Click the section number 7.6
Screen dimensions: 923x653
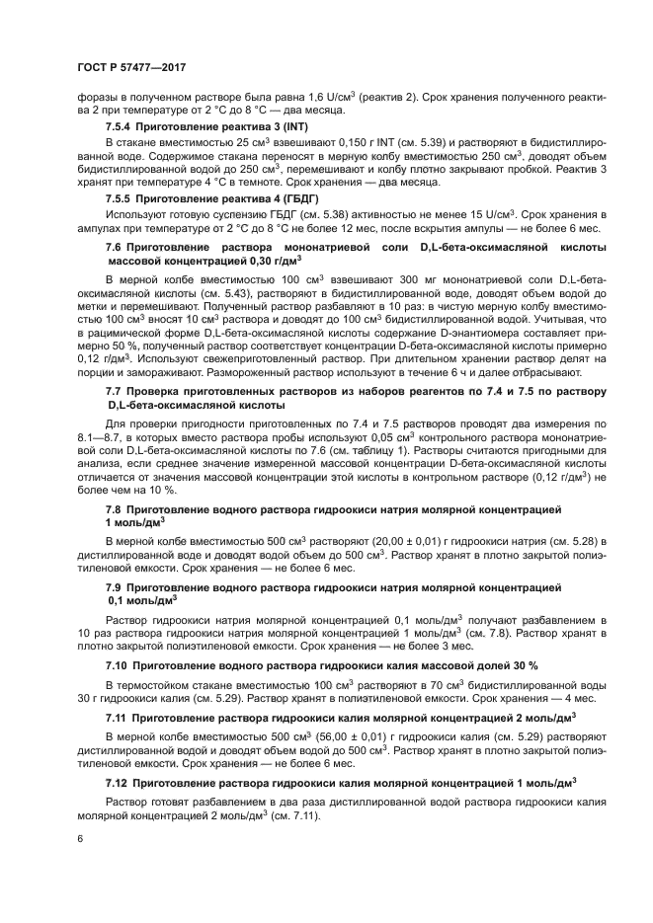pos(115,246)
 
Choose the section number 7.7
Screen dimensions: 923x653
pos(115,393)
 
